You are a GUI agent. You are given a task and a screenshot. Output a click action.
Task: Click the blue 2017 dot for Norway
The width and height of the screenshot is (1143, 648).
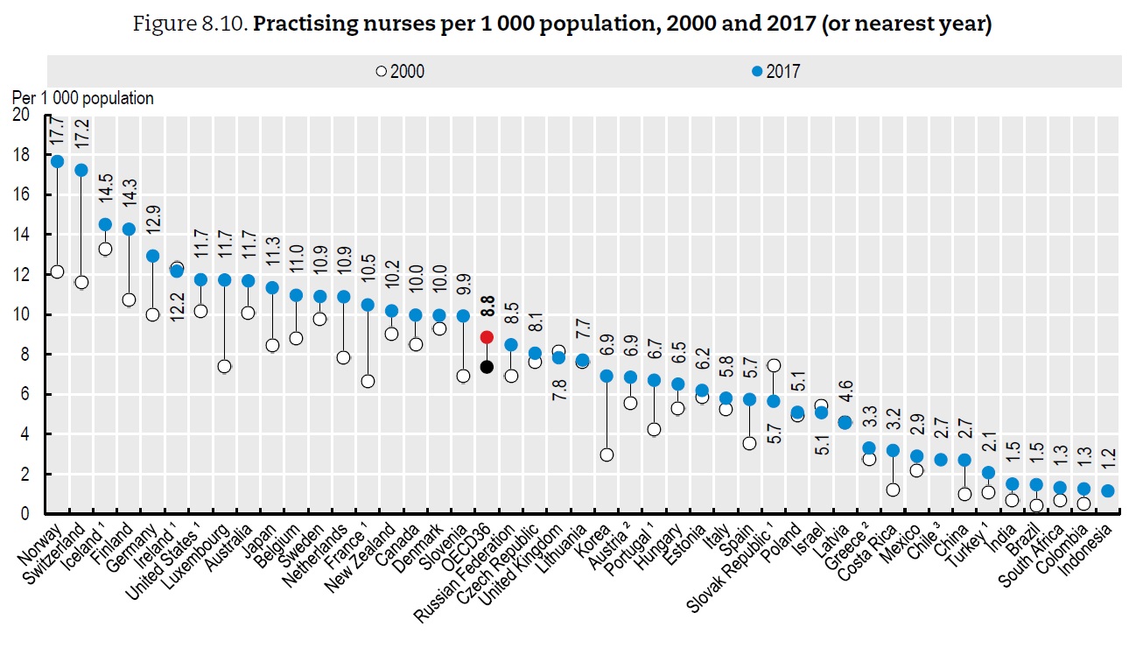(57, 161)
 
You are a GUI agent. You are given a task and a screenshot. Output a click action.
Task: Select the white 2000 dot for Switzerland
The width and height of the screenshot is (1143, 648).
(81, 282)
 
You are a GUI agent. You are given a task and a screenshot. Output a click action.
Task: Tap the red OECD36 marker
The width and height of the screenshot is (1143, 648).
(487, 337)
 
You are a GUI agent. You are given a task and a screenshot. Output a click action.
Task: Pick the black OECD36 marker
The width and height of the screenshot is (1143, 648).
(487, 367)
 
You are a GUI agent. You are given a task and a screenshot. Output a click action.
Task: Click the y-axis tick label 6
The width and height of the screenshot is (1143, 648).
(32, 395)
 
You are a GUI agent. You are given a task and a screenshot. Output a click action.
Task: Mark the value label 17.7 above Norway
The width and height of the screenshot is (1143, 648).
(58, 132)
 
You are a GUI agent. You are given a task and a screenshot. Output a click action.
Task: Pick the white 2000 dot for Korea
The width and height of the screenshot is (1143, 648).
(607, 454)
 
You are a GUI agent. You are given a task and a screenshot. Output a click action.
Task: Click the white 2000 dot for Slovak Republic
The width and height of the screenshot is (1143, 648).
(773, 365)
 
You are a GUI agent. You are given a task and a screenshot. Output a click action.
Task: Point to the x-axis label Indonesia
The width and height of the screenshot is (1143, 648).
(1086, 547)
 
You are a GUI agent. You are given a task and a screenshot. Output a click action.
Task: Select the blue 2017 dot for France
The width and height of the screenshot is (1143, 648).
(368, 305)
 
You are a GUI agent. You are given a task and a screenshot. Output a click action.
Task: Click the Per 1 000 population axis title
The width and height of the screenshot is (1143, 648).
(82, 98)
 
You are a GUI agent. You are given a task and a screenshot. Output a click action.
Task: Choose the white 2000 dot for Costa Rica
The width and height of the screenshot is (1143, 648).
(893, 490)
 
